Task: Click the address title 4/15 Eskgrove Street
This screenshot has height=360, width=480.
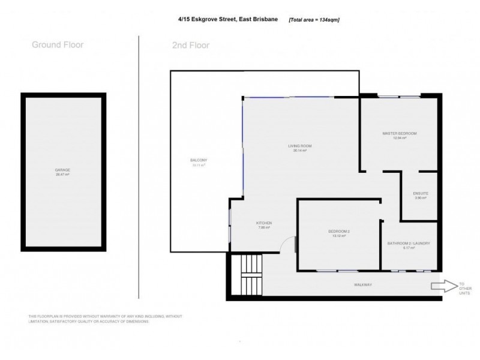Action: pos(226,19)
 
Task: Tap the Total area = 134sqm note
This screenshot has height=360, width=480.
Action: pos(314,19)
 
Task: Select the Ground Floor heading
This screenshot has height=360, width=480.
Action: pos(58,44)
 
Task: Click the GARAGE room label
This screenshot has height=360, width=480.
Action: pos(62,170)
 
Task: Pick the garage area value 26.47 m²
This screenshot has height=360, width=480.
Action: pos(62,175)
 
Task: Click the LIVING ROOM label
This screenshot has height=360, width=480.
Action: pos(300,146)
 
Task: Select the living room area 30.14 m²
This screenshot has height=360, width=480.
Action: pos(300,151)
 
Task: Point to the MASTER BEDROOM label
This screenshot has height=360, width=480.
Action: pos(399,133)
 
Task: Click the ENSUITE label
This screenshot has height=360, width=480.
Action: pos(420,193)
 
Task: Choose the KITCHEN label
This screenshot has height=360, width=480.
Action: pos(264,223)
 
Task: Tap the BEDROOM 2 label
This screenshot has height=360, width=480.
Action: pos(338,231)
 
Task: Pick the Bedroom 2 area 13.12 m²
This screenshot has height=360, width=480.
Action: pos(338,236)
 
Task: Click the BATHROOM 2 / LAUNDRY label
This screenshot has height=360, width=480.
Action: pos(409,243)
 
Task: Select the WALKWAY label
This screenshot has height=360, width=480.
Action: pos(363,284)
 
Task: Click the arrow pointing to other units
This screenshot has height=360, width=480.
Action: pos(443,286)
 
